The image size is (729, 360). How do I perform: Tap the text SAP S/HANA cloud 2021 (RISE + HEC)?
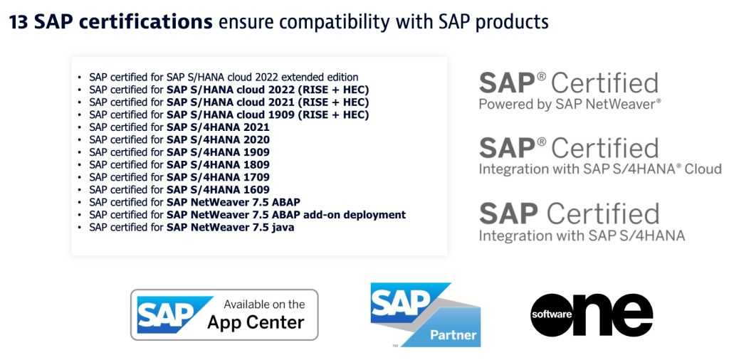click(x=268, y=102)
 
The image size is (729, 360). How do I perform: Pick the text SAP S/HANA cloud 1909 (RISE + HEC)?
click(x=268, y=115)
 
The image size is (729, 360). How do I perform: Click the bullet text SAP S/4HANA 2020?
click(x=218, y=139)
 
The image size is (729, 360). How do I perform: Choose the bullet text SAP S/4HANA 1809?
click(x=218, y=164)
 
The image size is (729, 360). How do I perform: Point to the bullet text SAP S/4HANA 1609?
click(x=218, y=189)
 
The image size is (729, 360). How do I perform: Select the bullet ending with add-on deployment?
click(x=286, y=214)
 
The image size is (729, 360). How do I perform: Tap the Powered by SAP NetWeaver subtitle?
click(x=570, y=105)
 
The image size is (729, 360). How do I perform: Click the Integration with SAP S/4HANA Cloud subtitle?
click(x=599, y=169)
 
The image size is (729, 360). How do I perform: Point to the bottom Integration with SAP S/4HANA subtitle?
click(x=582, y=235)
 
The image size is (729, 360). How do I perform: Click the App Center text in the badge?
click(x=256, y=322)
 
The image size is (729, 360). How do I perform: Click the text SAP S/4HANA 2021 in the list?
click(x=218, y=127)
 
